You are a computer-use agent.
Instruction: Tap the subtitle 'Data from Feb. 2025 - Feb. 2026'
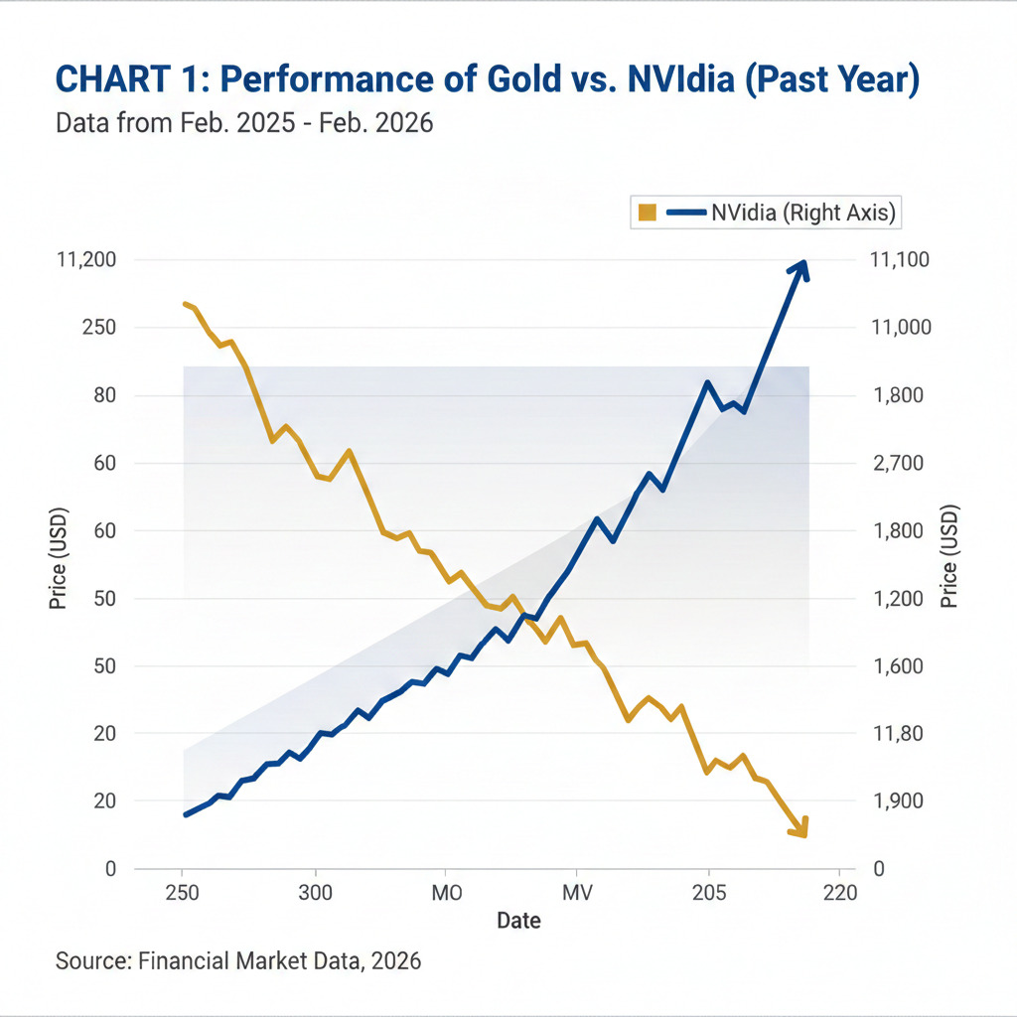244,125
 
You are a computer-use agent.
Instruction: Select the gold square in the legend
648,212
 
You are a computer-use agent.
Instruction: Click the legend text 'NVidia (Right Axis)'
803,212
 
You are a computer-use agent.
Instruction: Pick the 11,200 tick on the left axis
87,260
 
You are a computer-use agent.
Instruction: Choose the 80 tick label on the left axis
103,395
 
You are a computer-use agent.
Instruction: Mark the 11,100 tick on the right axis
898,260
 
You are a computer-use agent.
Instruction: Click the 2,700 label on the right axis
897,463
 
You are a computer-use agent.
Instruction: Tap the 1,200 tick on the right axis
897,598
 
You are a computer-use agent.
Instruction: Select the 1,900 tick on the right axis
897,800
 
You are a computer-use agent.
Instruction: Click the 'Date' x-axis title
518,921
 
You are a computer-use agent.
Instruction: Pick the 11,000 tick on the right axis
898,328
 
